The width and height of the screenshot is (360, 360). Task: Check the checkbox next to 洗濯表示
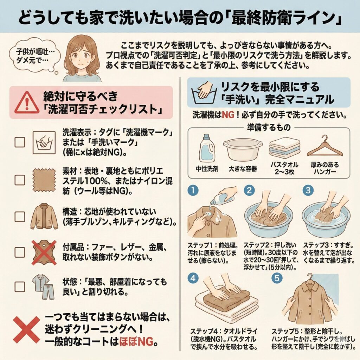coord(20,142)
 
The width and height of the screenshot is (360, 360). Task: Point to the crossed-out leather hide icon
coord(44,252)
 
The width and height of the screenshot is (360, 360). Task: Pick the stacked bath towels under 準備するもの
coord(284,148)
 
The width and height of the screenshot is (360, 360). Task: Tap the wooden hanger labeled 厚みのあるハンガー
coord(324,147)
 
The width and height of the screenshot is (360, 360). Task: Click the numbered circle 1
coord(193,191)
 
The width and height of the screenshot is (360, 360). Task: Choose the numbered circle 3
coord(308,191)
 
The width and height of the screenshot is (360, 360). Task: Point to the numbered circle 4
coord(193,278)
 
